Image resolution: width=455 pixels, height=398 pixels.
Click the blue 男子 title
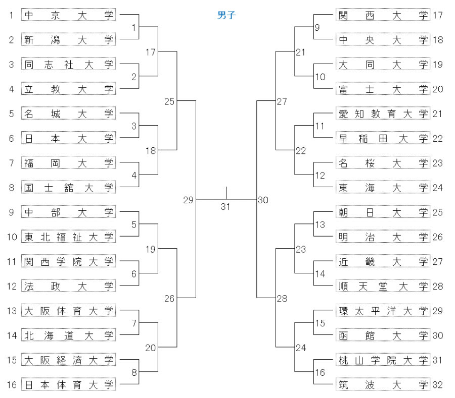click(x=226, y=15)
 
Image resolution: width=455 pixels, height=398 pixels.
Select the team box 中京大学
click(x=68, y=15)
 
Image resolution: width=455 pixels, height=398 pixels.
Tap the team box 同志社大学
click(x=68, y=64)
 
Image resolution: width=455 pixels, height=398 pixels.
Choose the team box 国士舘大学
click(x=68, y=187)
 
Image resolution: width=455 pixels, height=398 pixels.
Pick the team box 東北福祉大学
click(x=68, y=237)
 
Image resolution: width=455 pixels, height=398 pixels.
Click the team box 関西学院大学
click(x=68, y=261)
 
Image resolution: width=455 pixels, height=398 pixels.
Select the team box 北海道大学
click(x=68, y=335)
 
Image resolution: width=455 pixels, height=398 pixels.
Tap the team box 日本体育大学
click(x=68, y=384)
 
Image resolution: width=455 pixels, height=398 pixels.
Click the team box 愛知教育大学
click(x=383, y=113)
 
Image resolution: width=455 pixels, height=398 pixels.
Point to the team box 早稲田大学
click(x=383, y=138)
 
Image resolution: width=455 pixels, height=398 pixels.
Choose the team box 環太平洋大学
click(x=383, y=311)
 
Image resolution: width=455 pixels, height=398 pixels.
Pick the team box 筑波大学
click(x=383, y=384)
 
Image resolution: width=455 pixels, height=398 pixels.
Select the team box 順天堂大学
click(x=383, y=286)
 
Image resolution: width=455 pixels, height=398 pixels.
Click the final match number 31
click(x=225, y=207)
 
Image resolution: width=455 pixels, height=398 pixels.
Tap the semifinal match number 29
click(x=189, y=200)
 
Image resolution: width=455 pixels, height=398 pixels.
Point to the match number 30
click(x=263, y=200)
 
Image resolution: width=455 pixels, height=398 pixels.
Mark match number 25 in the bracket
click(x=169, y=101)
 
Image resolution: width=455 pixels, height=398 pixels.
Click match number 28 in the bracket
click(x=282, y=299)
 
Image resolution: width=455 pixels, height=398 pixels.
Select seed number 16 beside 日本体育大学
click(x=12, y=385)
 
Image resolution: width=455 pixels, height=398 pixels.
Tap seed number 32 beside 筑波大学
click(x=438, y=385)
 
